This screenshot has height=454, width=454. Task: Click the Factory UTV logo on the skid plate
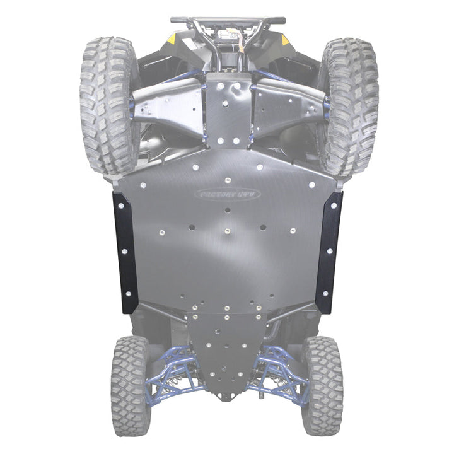pyautogui.click(x=228, y=195)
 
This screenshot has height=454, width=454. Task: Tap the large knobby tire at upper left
pyautogui.click(x=108, y=104)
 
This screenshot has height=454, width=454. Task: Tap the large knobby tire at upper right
pyautogui.click(x=348, y=104)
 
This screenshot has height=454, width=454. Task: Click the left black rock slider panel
pyautogui.click(x=125, y=252)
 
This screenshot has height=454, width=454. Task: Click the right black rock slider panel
pyautogui.click(x=329, y=252)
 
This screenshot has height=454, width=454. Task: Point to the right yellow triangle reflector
pyautogui.click(x=284, y=39)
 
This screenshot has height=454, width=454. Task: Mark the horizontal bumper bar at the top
pyautogui.click(x=227, y=20)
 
